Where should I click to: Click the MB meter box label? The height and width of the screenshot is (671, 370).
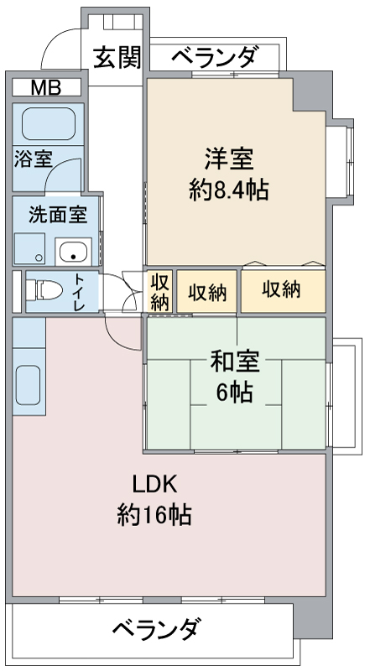click(46, 87)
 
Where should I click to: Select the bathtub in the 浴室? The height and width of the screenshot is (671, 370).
click(49, 123)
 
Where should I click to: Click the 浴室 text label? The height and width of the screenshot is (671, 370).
click(33, 158)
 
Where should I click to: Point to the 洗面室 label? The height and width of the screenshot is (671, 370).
click(58, 215)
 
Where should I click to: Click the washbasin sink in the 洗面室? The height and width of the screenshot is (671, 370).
click(73, 252)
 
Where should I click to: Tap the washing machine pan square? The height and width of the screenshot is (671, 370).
click(30, 248)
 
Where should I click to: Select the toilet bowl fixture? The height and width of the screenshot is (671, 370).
click(44, 290)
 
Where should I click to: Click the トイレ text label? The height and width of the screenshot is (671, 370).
click(80, 291)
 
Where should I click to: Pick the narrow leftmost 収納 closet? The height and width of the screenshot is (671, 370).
click(160, 291)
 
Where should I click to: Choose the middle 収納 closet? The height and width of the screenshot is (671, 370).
click(207, 291)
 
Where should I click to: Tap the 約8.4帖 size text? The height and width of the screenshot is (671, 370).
click(229, 190)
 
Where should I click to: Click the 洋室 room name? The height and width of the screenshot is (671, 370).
click(229, 159)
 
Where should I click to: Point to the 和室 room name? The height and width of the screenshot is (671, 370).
click(235, 362)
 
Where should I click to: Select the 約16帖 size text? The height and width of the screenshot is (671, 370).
click(154, 515)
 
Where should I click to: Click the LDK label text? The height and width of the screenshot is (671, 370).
click(154, 485)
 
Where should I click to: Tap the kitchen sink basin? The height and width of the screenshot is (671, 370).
click(29, 385)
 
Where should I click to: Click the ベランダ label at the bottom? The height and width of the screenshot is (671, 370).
click(155, 628)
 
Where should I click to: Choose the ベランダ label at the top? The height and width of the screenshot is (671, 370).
click(216, 56)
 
